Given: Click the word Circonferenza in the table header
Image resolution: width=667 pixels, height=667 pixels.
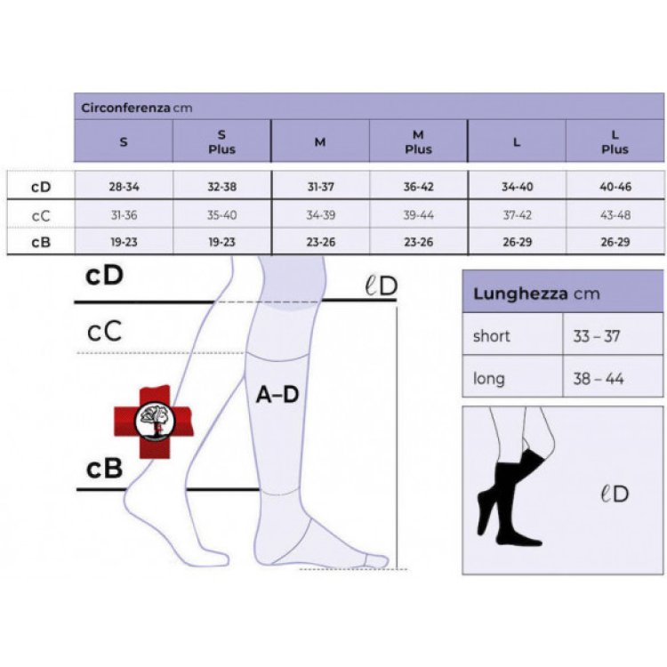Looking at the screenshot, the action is [125, 108].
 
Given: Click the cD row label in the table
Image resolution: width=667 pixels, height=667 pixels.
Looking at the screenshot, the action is [41, 187].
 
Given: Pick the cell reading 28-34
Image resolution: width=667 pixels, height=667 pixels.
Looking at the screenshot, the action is [124, 187].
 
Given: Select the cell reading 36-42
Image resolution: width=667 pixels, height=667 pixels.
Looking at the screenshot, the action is [419, 187].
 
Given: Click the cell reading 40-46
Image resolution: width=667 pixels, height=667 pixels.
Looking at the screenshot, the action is [615, 187].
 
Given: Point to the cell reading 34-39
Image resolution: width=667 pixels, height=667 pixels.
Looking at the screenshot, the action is [321, 215].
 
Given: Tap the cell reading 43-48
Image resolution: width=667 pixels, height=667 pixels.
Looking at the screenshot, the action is [615, 215].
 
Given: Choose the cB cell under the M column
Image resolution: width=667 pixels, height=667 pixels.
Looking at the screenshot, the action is [321, 242].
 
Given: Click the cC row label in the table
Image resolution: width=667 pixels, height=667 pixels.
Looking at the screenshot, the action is [41, 216].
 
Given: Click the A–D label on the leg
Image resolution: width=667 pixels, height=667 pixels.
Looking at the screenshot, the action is [277, 395].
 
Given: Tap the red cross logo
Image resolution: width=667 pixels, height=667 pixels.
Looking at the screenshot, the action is [154, 422].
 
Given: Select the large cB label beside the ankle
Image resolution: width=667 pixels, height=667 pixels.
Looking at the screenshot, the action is [105, 469].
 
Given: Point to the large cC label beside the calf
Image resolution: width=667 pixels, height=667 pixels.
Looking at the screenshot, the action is [105, 332].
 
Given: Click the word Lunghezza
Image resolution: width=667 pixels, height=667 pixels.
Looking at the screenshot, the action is [520, 294].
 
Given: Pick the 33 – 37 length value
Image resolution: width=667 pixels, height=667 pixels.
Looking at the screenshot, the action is [597, 336].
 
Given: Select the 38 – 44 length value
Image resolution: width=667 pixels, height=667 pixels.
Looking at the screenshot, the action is [599, 379].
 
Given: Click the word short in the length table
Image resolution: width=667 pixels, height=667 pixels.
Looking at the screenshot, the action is [491, 336].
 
